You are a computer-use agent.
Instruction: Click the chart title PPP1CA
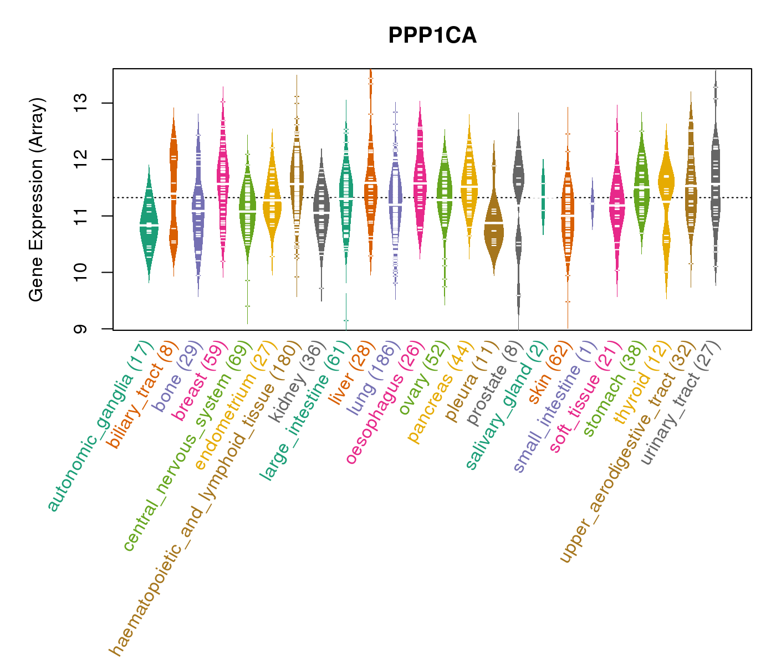[432, 35]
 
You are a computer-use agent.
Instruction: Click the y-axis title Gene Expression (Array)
[37, 199]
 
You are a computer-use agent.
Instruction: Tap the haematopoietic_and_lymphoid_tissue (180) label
[205, 499]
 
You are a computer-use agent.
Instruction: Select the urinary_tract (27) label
[682, 402]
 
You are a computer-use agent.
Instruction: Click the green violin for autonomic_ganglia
[149, 224]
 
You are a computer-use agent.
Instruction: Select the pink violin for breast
[223, 183]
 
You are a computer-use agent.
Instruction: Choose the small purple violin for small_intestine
[592, 203]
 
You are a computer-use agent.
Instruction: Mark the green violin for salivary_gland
[543, 197]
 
